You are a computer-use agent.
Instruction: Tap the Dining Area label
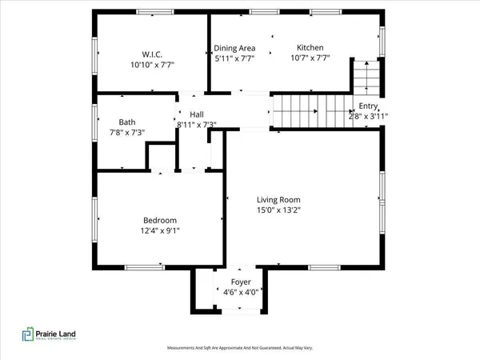tap(234, 48)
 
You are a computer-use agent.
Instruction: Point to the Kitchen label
tap(310, 47)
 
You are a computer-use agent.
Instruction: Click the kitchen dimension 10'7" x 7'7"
tap(310, 58)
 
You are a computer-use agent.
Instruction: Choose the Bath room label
tap(127, 122)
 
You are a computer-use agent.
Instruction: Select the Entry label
tap(368, 106)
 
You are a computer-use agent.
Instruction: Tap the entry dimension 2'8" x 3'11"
tap(368, 116)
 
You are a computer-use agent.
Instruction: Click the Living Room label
tap(278, 200)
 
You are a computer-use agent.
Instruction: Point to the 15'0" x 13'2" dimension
tap(278, 210)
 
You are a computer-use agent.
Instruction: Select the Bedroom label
tap(160, 221)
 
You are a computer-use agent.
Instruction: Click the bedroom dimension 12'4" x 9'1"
tap(160, 231)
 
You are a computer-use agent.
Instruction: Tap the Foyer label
tap(241, 283)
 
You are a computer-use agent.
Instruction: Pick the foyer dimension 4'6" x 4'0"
tap(241, 294)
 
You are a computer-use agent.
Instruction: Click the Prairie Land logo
tap(53, 337)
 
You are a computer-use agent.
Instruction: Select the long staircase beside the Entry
tap(313, 110)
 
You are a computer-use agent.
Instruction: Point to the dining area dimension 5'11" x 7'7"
tap(234, 58)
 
